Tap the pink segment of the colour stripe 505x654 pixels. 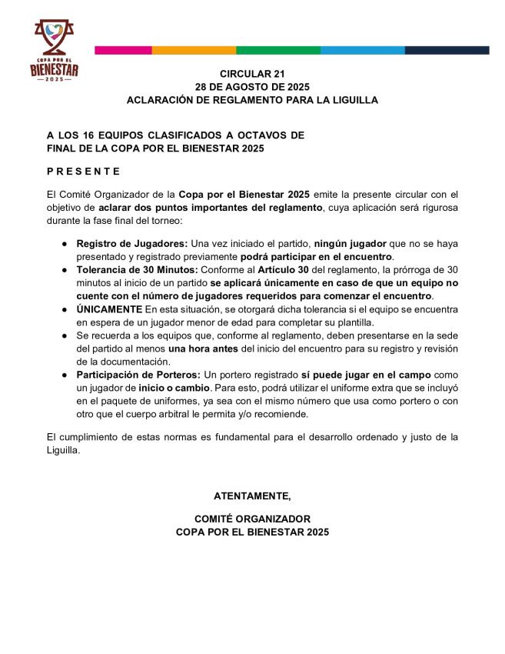point(123,50)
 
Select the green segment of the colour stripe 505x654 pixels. point(278,50)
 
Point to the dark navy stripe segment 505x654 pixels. point(447,50)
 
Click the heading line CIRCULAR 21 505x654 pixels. point(252,73)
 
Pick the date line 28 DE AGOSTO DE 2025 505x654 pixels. point(252,87)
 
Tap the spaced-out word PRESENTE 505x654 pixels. point(84,171)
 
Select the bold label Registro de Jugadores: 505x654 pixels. point(131,243)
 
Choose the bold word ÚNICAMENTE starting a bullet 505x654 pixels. point(109,309)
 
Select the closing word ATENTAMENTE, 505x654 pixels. point(252,496)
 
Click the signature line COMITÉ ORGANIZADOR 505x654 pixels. point(252,519)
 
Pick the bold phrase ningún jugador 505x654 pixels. point(351,243)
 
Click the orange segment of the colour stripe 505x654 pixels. point(194,50)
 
